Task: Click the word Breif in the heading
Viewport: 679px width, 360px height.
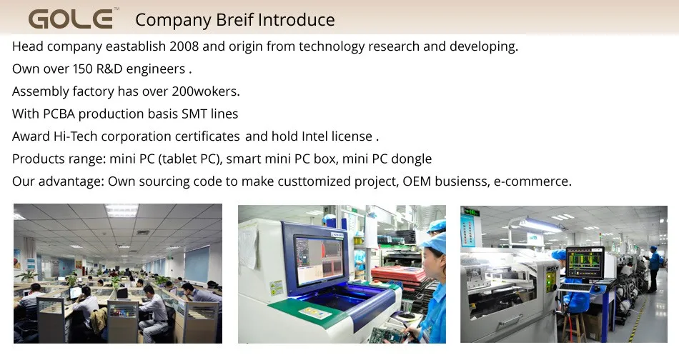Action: pyautogui.click(x=234, y=20)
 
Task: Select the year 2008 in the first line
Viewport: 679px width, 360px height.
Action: pyautogui.click(x=184, y=46)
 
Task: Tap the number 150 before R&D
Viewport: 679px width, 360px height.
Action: pyautogui.click(x=83, y=69)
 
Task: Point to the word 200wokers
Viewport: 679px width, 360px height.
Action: pyautogui.click(x=205, y=91)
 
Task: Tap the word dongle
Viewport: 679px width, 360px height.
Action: pyautogui.click(x=411, y=159)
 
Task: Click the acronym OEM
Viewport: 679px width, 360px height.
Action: pyautogui.click(x=417, y=181)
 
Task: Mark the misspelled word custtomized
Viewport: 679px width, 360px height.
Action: pyautogui.click(x=314, y=181)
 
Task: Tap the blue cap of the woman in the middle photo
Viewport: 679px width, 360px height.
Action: pyautogui.click(x=434, y=242)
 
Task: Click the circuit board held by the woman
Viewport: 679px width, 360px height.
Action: pyautogui.click(x=387, y=335)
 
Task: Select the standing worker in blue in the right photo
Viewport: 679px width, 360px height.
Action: pyautogui.click(x=654, y=269)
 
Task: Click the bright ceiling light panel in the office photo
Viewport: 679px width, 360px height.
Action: pyautogui.click(x=122, y=210)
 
